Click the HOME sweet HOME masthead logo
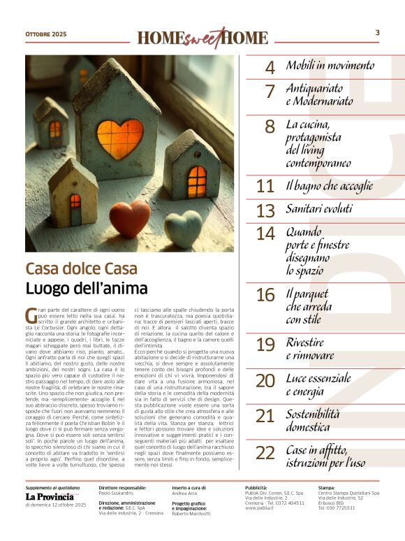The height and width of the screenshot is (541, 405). click(202, 37)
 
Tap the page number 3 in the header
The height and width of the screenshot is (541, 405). click(378, 32)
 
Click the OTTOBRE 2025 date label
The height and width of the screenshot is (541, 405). click(47, 34)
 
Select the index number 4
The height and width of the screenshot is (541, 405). click(270, 68)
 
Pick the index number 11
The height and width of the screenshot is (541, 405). click(265, 187)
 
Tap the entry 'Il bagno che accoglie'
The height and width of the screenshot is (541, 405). click(330, 186)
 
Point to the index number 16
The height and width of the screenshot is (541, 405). click(265, 296)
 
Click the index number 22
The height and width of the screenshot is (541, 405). click(265, 453)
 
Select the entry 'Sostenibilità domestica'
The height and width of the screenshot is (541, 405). click(317, 420)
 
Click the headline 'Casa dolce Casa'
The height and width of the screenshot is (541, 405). click(82, 269)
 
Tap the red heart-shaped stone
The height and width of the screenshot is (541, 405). click(129, 219)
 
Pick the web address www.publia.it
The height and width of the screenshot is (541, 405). click(263, 508)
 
